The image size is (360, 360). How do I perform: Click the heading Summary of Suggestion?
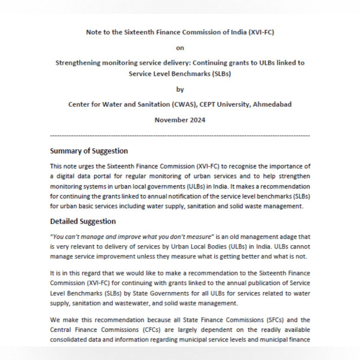coord(89,151)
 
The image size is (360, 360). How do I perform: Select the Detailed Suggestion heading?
coord(83,221)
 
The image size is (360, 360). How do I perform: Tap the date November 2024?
coord(179,120)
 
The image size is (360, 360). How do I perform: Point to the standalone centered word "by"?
coord(179,89)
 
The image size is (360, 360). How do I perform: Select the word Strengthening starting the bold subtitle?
coord(81,62)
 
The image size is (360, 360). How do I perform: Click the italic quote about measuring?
coord(129,236)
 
